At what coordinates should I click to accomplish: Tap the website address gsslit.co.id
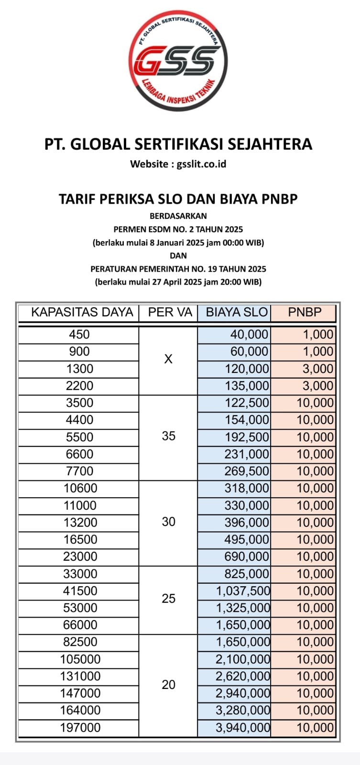click(201, 164)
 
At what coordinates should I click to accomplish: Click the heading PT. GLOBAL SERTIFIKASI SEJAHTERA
click(178, 144)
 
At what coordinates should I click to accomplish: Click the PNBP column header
click(305, 313)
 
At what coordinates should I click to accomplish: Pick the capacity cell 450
click(79, 335)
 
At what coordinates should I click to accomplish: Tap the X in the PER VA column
click(168, 360)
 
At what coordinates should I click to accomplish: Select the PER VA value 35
click(169, 436)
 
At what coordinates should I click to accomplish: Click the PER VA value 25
click(169, 599)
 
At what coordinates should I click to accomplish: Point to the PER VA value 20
click(169, 685)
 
